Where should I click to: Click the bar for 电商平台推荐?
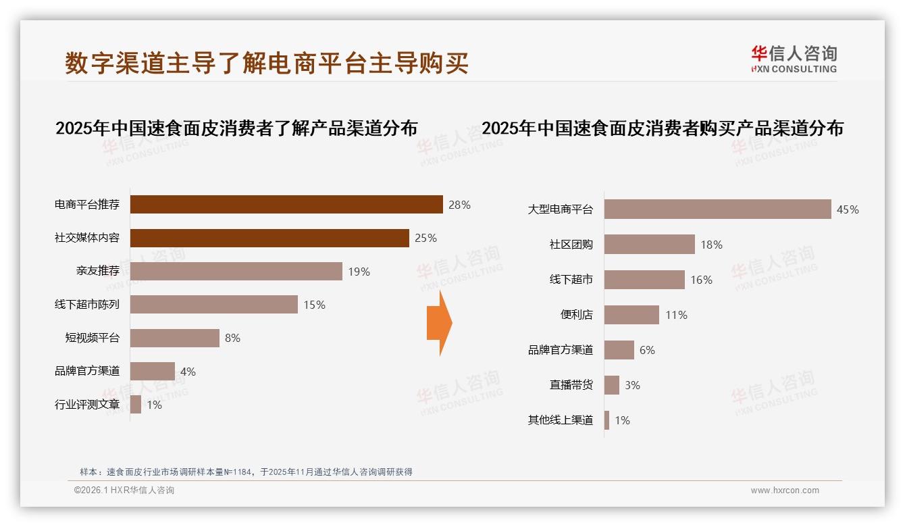tap(286, 205)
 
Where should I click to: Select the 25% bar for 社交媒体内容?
tap(269, 238)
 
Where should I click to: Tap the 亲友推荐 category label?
tap(97, 272)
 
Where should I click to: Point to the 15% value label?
tap(314, 305)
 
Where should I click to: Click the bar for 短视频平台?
tap(174, 338)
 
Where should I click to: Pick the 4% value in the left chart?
tap(188, 372)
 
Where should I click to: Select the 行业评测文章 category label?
tap(87, 405)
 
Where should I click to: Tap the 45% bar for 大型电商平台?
tap(717, 209)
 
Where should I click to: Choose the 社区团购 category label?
tap(571, 245)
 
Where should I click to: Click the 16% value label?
tap(701, 280)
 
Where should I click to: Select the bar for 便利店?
tap(631, 315)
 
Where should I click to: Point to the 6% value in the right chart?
tap(647, 350)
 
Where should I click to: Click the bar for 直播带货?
tap(612, 385)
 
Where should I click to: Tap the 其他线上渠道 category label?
tap(560, 420)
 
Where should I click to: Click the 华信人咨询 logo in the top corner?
tap(794, 59)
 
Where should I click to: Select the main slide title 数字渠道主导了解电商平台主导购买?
tap(267, 63)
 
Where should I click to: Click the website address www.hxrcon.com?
tap(785, 491)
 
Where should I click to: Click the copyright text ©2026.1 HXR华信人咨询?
tap(124, 491)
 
